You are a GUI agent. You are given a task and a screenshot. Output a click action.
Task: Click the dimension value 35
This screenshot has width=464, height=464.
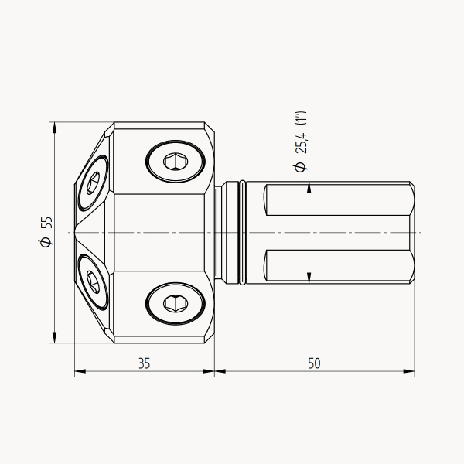tap(145, 363)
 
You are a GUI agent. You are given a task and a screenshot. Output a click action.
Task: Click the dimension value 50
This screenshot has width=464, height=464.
tap(314, 363)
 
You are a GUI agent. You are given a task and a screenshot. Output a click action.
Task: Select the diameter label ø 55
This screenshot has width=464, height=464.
tap(46, 231)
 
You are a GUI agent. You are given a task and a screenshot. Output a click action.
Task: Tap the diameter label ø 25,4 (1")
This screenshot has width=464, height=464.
tap(301, 142)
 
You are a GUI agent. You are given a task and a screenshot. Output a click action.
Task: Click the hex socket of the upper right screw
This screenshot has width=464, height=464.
tap(176, 162)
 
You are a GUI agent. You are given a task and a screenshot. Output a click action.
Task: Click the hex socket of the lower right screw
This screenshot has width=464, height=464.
tap(176, 303)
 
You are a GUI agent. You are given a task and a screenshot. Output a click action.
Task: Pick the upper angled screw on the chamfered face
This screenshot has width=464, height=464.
tap(93, 183)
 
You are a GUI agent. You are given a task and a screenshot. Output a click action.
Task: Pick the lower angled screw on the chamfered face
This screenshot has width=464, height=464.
tap(93, 282)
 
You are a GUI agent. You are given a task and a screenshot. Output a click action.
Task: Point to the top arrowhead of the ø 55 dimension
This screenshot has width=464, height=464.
tap(54, 128)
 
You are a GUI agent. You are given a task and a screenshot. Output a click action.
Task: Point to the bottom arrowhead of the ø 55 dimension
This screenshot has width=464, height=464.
tap(54, 337)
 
